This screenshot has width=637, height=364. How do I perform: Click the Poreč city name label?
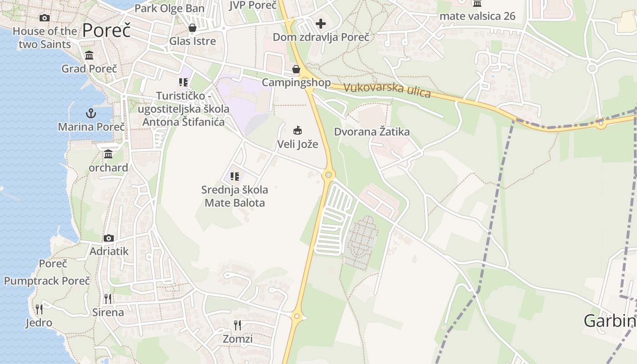[106, 30]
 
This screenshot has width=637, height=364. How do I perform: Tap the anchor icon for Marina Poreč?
[91, 113]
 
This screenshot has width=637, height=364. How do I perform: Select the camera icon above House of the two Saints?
[45, 18]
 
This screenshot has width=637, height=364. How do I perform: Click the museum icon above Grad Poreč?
[89, 56]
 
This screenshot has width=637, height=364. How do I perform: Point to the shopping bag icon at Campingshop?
[296, 69]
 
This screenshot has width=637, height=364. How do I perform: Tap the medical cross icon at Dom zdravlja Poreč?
[321, 24]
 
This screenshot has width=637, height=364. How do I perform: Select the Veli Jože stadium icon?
[298, 131]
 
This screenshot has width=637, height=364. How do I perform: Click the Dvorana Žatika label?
[372, 132]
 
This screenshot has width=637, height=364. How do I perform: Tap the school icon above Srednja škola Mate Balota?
[235, 176]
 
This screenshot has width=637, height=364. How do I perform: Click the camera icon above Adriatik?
[109, 238]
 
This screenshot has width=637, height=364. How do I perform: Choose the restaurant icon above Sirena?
[108, 298]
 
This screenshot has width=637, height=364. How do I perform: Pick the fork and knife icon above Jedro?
[39, 309]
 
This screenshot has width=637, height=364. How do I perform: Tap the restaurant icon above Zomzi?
[238, 325]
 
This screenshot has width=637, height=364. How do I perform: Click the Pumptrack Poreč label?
[47, 281]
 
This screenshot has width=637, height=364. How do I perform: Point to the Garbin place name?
[610, 321]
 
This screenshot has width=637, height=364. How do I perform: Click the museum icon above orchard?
[108, 154]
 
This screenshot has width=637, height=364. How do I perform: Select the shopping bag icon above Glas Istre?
[192, 28]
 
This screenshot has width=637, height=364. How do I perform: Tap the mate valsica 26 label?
[477, 16]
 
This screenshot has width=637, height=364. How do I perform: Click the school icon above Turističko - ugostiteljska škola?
[183, 82]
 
